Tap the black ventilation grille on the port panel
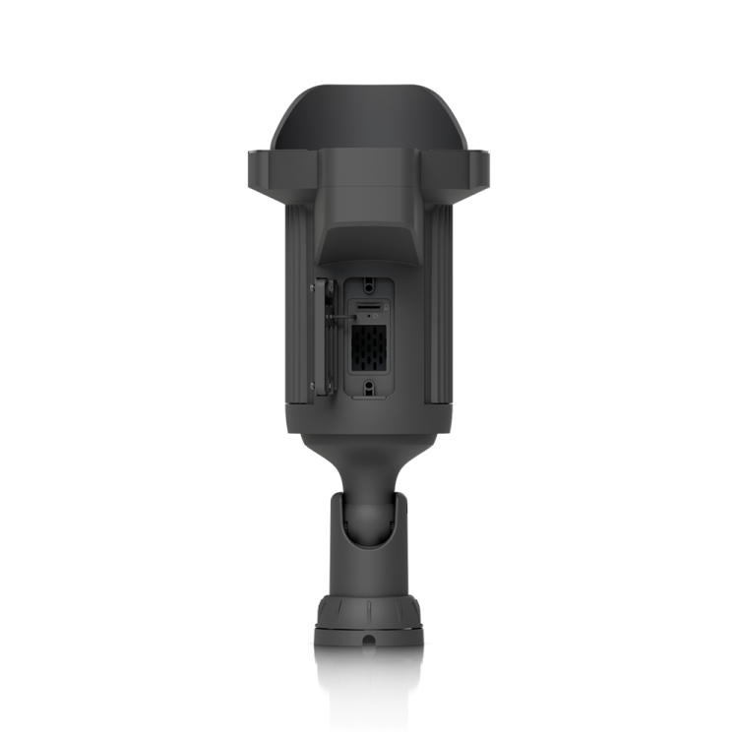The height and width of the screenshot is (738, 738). coord(368,348)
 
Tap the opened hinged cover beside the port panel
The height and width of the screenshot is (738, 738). coord(320,339)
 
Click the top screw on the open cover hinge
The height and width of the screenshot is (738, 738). coord(314,286)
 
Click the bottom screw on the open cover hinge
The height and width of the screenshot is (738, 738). coord(314,386)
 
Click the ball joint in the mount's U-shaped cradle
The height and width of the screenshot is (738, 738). coord(368,512)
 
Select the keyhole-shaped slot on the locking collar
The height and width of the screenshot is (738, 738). coord(368,645)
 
